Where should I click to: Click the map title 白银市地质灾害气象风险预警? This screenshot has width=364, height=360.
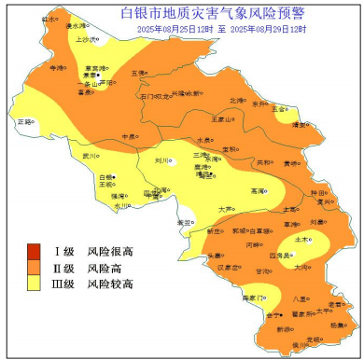(213, 12)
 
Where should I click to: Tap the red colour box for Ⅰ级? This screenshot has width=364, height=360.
(35, 251)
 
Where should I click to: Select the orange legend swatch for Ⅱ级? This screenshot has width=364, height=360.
(35, 267)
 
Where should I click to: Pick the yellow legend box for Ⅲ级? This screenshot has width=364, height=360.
(35, 283)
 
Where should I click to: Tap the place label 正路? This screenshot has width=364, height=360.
(25, 121)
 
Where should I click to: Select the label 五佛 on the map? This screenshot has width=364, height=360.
(138, 73)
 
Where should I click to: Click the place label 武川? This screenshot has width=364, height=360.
(90, 156)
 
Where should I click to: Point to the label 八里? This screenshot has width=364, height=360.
(299, 298)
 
